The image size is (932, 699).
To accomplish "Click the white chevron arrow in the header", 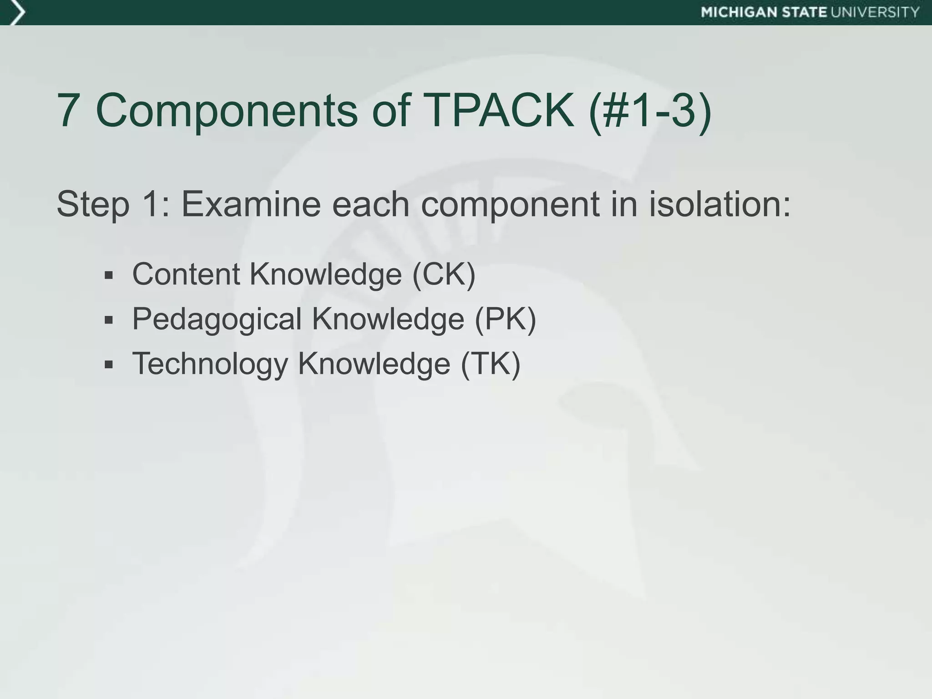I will click(x=16, y=13).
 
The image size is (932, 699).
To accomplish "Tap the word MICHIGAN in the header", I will click(x=739, y=12).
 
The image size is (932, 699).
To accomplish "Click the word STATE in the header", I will click(x=805, y=12).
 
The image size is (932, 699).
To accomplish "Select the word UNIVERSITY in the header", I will click(x=876, y=12).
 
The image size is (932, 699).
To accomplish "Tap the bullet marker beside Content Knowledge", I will click(x=108, y=275).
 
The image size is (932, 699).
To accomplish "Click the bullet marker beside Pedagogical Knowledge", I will click(x=108, y=320).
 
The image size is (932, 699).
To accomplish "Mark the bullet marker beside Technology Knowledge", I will click(x=108, y=365).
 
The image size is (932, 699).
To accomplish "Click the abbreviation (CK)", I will click(x=444, y=274).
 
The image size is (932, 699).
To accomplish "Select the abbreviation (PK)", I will click(x=505, y=319).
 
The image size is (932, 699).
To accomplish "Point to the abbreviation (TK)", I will click(x=490, y=364).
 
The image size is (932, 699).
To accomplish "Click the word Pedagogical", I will click(x=217, y=320).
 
